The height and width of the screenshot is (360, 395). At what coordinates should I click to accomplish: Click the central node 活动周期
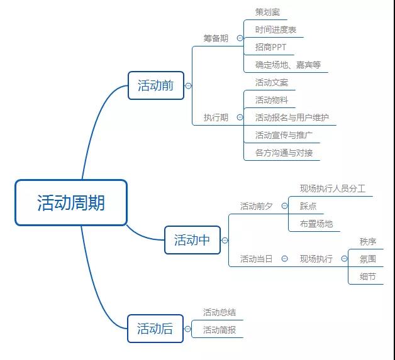pos(71,202)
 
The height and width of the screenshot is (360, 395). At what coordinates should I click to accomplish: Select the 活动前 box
pos(156,85)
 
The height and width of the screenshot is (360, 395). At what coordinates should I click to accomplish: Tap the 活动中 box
pos(192,240)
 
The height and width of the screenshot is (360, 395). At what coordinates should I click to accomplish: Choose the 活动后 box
pos(155,329)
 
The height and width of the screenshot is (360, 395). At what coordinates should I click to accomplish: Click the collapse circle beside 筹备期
pos(240,38)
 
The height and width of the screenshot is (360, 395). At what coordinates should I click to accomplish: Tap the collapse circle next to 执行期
pos(240,117)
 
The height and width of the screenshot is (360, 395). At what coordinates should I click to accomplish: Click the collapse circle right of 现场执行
pos(344,259)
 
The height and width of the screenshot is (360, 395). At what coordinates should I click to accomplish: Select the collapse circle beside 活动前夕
pos(284,206)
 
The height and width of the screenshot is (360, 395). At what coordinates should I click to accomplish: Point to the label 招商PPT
pos(270,47)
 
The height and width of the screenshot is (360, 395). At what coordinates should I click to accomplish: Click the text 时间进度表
pos(275,30)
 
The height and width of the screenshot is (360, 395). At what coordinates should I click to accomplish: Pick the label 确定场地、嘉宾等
pos(288,65)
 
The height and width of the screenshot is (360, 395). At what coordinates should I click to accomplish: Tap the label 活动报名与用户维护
pos(292,117)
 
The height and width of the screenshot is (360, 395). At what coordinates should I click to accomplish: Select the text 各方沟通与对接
pos(284,153)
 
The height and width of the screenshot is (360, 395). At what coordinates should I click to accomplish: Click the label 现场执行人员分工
pos(333,188)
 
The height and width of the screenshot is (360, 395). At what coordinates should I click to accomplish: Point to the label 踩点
pos(308,206)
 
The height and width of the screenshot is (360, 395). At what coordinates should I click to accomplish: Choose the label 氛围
pos(368,259)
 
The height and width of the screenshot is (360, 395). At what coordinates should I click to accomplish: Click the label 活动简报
pos(220,330)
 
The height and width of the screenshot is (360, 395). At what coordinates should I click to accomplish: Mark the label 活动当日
pos(256,259)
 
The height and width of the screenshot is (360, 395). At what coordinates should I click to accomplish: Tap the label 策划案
pos(267,12)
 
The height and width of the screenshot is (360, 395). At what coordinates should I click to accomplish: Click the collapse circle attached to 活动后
pos(187,329)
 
